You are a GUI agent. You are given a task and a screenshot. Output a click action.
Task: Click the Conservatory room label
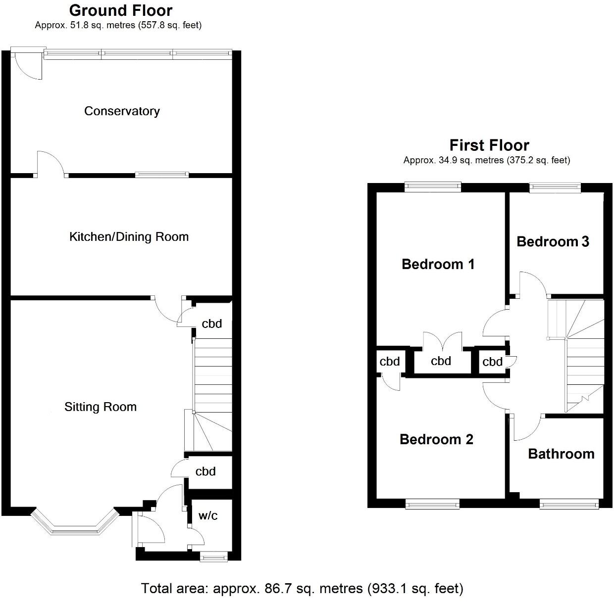coord(122,111)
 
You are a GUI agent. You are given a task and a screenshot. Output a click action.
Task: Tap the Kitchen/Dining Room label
coord(129,236)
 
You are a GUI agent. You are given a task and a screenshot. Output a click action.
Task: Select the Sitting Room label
coord(100,407)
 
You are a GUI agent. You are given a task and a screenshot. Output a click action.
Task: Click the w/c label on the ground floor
coord(208,515)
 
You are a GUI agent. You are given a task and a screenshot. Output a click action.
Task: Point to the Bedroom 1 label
coord(438,264)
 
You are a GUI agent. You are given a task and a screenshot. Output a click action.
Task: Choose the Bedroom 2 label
coord(436,439)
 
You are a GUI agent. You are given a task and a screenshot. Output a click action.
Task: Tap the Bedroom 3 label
coord(553,241)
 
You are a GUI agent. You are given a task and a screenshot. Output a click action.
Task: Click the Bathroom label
coord(561,454)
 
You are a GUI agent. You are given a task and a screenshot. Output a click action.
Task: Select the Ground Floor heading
coord(120,10)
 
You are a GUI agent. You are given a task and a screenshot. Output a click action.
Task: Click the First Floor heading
coord(489,145)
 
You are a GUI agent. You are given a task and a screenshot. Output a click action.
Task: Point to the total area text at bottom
coord(302,588)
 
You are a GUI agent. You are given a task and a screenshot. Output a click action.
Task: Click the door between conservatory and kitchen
coord(51,166)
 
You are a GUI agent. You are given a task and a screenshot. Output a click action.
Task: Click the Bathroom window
coord(569,504)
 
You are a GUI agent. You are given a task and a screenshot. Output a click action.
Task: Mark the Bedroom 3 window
coord(555,186)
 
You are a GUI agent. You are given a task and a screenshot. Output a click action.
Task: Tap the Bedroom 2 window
coord(432,504)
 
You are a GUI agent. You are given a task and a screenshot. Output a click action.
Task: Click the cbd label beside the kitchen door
coord(211,324)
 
